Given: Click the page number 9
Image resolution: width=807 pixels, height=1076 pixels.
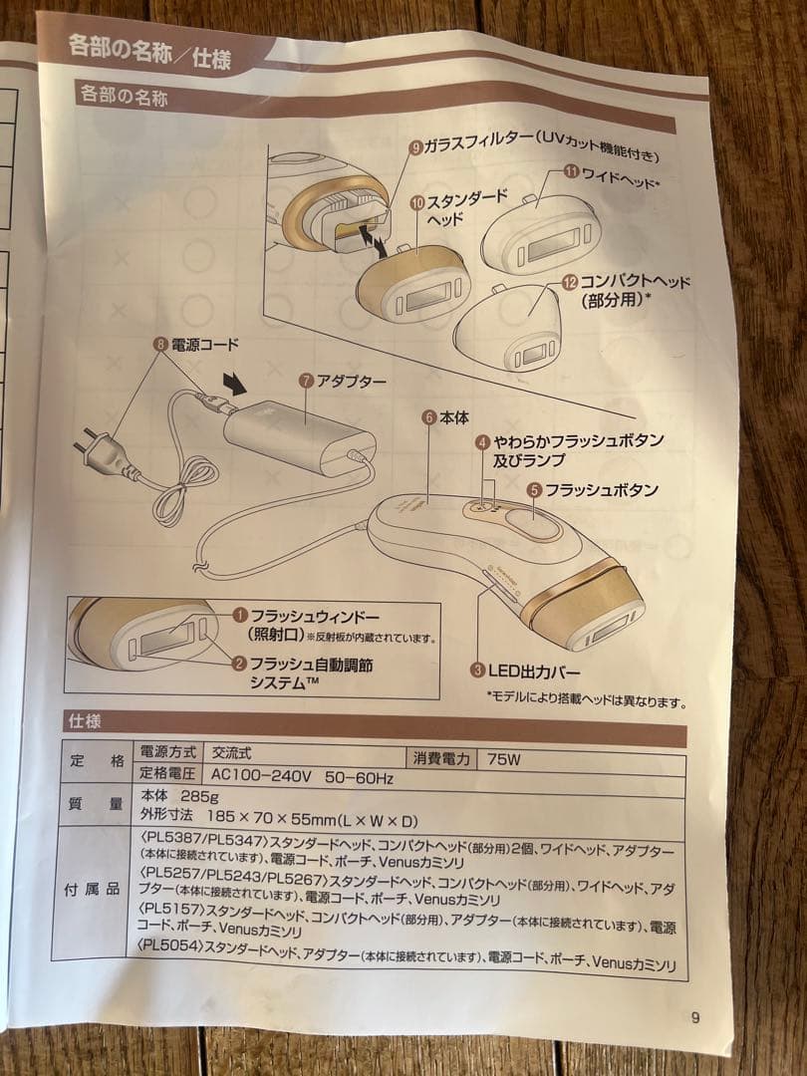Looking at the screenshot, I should [694, 1017].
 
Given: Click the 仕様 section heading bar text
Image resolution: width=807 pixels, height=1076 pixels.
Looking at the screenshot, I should [85, 719].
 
